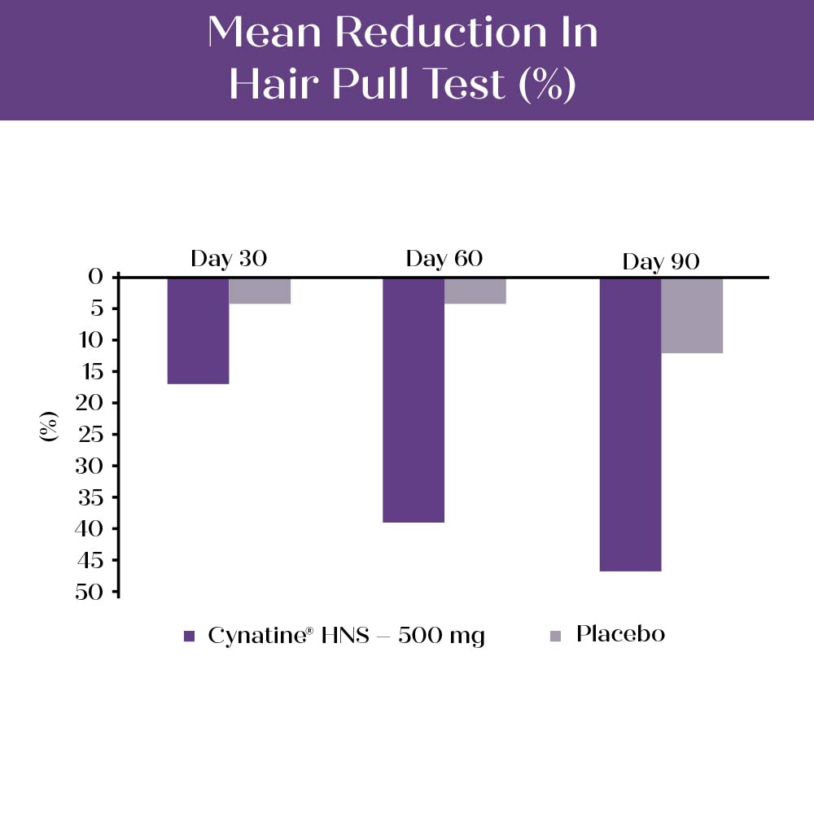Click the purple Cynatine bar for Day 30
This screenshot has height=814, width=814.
[x=198, y=330]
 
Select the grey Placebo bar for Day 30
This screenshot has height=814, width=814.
[x=260, y=291]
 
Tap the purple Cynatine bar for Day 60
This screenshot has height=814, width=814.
[x=414, y=399]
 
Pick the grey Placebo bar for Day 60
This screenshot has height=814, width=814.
[x=475, y=291]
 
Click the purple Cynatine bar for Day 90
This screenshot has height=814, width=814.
[x=630, y=423]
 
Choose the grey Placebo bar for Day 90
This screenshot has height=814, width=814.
[x=692, y=315]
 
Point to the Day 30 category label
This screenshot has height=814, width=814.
[x=229, y=259]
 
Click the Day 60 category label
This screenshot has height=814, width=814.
[x=444, y=259]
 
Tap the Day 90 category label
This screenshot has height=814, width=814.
[x=661, y=262]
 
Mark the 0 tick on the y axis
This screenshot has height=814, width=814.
[x=96, y=277]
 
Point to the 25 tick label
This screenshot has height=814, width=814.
[x=91, y=434]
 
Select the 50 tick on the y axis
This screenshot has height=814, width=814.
[x=91, y=592]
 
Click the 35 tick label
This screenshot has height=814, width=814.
[x=91, y=497]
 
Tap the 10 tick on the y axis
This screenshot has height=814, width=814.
[x=91, y=339]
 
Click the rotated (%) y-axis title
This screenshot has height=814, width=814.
[x=49, y=426]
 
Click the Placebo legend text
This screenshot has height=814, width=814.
[x=620, y=634]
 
